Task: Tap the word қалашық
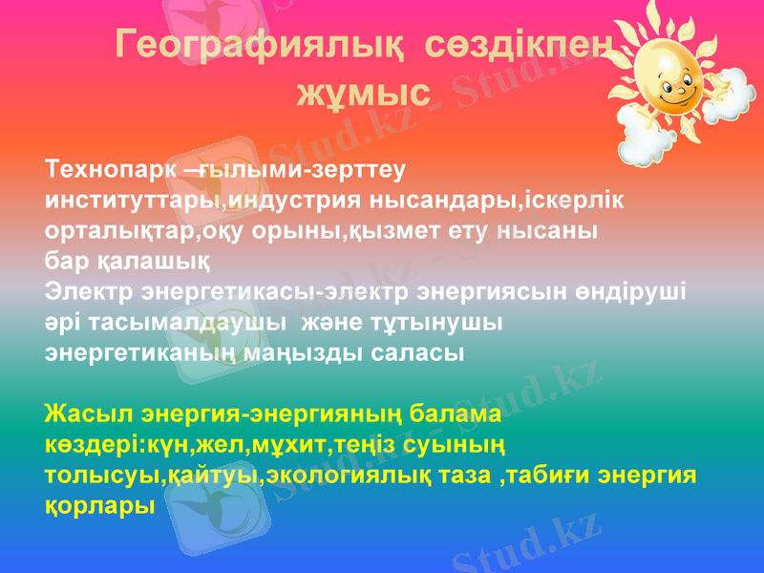pyautogui.click(x=154, y=261)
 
